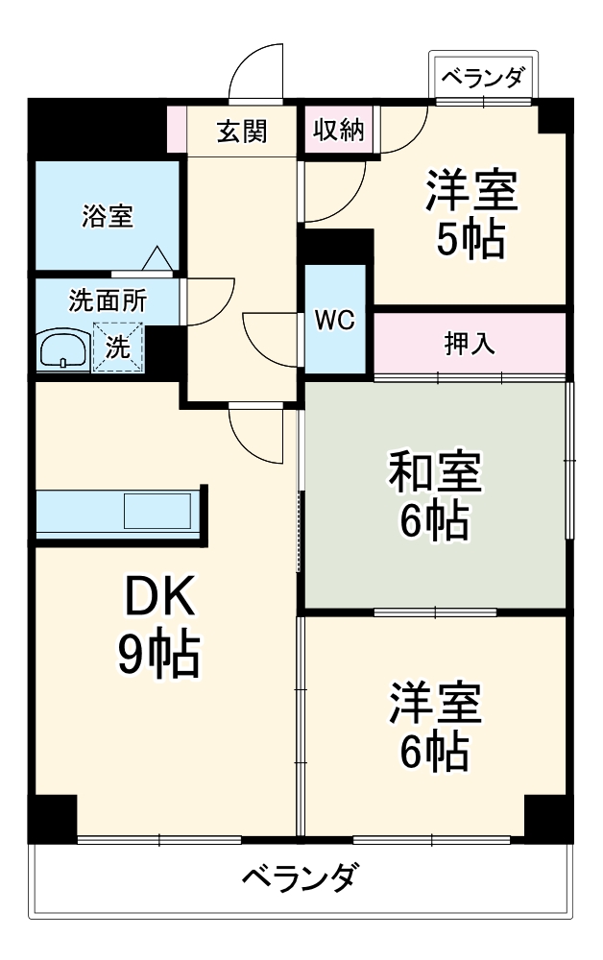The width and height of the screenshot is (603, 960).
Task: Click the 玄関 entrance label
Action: click(x=241, y=131)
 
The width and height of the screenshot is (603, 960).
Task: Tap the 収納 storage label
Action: click(x=337, y=131)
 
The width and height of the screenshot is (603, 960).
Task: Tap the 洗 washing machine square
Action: click(x=117, y=348)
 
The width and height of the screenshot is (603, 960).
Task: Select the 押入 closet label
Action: click(x=470, y=344)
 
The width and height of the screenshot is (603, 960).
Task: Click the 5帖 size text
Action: click(x=470, y=240)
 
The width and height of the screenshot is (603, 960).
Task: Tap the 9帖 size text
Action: click(x=159, y=657)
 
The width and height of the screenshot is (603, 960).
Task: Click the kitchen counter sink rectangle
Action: click(x=157, y=511)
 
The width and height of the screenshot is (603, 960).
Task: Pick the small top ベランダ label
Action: click(x=483, y=78)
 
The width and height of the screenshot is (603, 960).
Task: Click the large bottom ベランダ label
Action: click(x=301, y=876)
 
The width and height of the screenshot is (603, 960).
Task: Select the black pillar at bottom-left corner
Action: click(x=51, y=819)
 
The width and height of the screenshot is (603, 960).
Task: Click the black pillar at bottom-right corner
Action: click(x=548, y=819)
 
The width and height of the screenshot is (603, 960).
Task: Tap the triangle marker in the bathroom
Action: click(x=157, y=258)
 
